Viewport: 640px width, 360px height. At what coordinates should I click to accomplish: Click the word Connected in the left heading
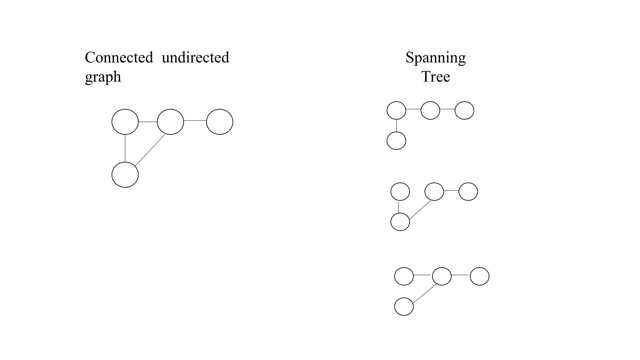[x=119, y=58]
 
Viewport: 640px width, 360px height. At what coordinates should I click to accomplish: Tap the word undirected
[x=196, y=58]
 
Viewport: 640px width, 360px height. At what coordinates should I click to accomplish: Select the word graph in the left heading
[x=103, y=77]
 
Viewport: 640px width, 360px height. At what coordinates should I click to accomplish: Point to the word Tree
[x=436, y=77]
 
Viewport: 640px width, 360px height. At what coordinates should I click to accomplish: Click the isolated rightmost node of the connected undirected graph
[x=220, y=122]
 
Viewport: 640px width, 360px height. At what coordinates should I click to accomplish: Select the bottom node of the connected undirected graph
[x=125, y=175]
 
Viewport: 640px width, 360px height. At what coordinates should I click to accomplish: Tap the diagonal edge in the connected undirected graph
[x=150, y=150]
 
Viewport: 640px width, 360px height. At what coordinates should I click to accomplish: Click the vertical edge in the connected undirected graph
[x=125, y=148]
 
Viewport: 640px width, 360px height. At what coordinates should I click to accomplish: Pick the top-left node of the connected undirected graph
[x=125, y=122]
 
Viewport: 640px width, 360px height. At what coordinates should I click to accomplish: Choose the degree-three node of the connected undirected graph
[x=170, y=122]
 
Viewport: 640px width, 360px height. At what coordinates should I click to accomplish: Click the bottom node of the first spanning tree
[x=396, y=141]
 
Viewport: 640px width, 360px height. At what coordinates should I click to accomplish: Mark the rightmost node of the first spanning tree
[x=464, y=110]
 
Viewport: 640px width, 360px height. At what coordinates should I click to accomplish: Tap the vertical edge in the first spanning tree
[x=396, y=125]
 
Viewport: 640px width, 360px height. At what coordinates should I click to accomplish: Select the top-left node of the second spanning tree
[x=400, y=192]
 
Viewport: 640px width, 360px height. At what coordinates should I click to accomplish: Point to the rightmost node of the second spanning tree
[x=468, y=192]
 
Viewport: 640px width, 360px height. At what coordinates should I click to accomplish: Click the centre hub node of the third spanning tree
[x=442, y=276]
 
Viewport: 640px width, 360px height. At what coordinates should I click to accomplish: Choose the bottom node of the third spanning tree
[x=404, y=307]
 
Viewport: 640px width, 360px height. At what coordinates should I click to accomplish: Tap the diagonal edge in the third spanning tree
[x=425, y=293]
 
